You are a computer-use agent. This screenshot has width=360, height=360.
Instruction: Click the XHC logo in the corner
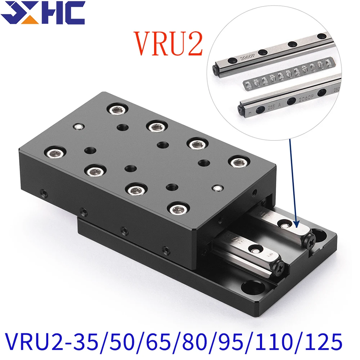[x=42, y=13]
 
